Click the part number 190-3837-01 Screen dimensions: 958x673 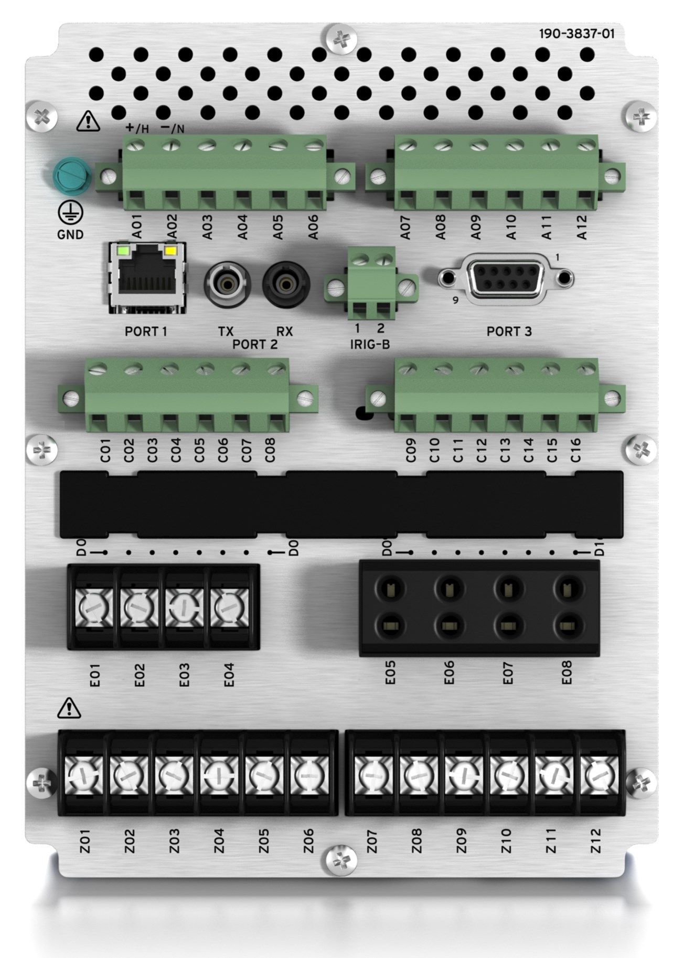(576, 34)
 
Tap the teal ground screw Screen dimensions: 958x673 (72, 177)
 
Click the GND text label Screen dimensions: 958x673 (70, 235)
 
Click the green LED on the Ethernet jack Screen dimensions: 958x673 (123, 250)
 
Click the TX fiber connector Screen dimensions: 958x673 (227, 285)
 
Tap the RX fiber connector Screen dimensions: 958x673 (286, 285)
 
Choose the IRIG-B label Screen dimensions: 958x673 (370, 345)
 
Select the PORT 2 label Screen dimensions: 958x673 (255, 345)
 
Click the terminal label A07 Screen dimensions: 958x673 (405, 228)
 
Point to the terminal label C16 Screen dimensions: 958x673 (575, 450)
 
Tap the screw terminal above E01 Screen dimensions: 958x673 (95, 608)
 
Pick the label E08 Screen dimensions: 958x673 (567, 672)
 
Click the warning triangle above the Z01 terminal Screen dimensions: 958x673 (69, 708)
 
